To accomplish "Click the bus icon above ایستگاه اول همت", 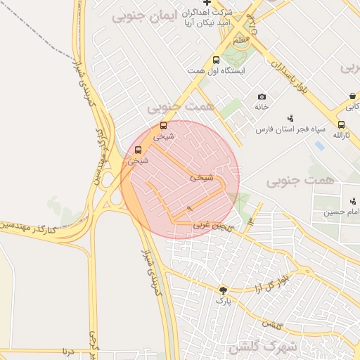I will pyautogui.click(x=217, y=60).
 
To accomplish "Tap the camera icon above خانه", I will pyautogui.click(x=262, y=96).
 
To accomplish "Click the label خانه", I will pyautogui.click(x=262, y=107).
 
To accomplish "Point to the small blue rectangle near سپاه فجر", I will pyautogui.click(x=321, y=146).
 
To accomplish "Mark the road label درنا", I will pyautogui.click(x=67, y=349).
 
